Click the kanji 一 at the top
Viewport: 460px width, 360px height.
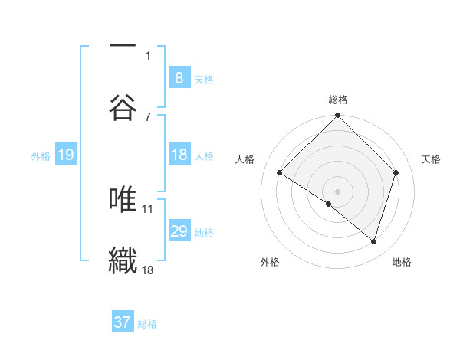[123, 45]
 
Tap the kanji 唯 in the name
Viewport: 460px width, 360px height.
[123, 199]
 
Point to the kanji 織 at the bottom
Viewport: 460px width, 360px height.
[123, 260]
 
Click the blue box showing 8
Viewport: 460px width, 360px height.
[179, 77]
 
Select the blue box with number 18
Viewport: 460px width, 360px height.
[179, 155]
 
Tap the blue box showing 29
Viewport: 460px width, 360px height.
[179, 231]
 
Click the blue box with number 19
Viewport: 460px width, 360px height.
[65, 155]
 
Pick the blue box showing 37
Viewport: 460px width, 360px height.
[122, 322]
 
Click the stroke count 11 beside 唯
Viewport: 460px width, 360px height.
[148, 208]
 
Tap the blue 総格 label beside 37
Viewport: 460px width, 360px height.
[148, 324]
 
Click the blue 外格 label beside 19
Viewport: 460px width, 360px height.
[41, 156]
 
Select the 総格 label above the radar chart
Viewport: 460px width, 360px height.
[337, 100]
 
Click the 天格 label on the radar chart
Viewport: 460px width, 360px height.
[432, 159]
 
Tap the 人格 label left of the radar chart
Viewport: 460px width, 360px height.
[245, 159]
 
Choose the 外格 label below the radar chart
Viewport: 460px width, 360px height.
[270, 262]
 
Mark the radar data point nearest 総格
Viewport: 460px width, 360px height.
[337, 116]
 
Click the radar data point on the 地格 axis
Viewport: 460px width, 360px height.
[373, 241]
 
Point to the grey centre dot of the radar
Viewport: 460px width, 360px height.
[337, 191]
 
